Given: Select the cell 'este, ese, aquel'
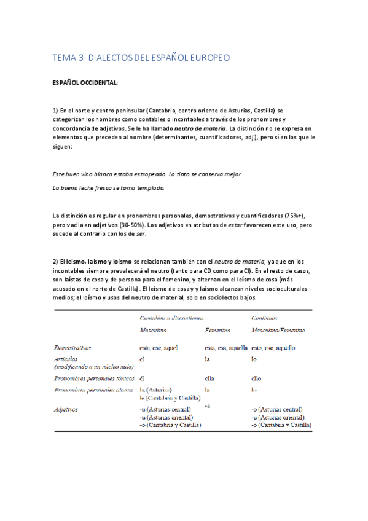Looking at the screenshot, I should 159,348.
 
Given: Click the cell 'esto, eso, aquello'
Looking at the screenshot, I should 273,348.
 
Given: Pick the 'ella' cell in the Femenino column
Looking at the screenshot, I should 211,378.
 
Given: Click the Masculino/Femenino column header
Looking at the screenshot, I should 278,331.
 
